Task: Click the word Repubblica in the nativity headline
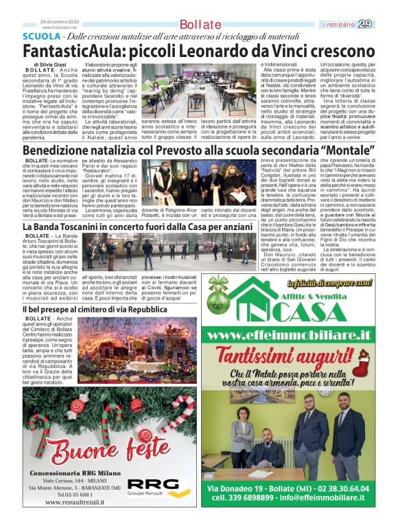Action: click(143, 310)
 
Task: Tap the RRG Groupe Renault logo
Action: click(155, 487)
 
